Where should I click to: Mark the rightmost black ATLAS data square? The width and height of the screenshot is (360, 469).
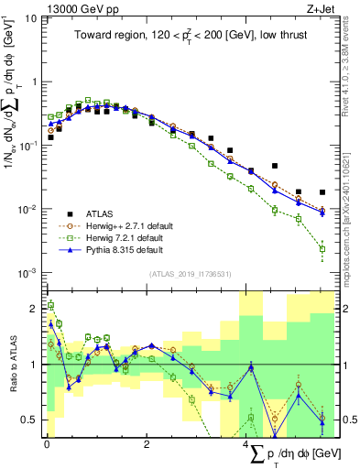(x=322, y=192)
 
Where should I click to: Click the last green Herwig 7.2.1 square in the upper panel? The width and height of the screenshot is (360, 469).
(x=322, y=248)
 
